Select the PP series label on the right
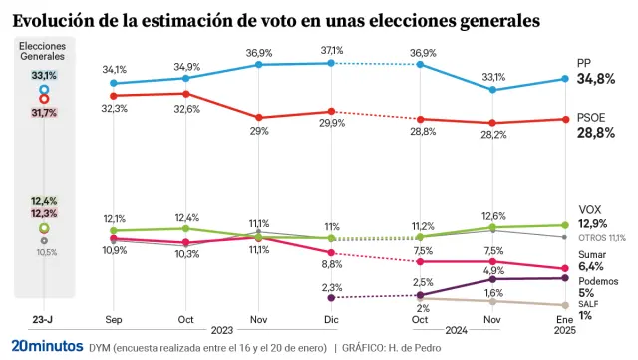point(585,63)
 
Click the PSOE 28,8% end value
point(597,133)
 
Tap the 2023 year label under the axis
point(221,329)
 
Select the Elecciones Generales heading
point(43,52)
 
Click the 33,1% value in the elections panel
point(44,76)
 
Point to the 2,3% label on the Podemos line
point(332,287)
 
